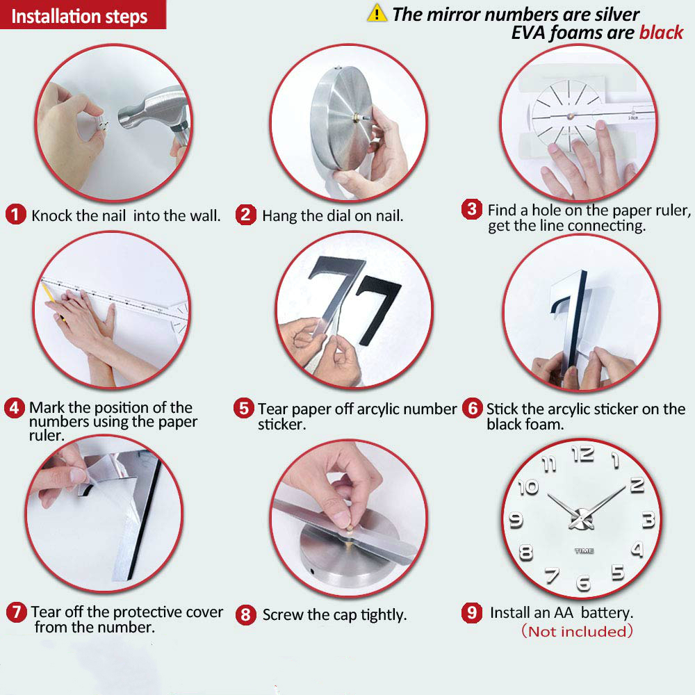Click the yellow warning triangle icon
pyautogui.click(x=377, y=13)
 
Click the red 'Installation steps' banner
pyautogui.click(x=83, y=15)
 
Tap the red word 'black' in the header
pyautogui.click(x=661, y=33)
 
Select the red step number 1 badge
pyautogui.click(x=15, y=215)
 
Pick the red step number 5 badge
pyautogui.click(x=244, y=408)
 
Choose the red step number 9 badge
pyautogui.click(x=472, y=612)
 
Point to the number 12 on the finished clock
pyautogui.click(x=582, y=454)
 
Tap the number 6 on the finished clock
pyautogui.click(x=583, y=582)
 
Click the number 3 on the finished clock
pyautogui.click(x=648, y=519)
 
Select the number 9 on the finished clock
pyautogui.click(x=516, y=520)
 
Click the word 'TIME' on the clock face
pyautogui.click(x=584, y=550)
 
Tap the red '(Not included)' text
pyautogui.click(x=577, y=631)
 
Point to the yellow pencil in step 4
pyautogui.click(x=51, y=298)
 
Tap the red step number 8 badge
pyautogui.click(x=246, y=615)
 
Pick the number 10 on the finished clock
pyautogui.click(x=528, y=487)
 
